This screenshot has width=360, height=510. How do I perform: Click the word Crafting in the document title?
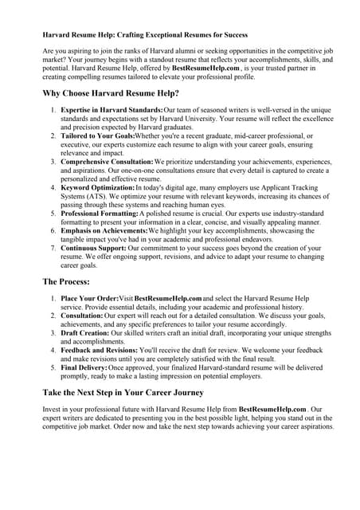click(x=134, y=35)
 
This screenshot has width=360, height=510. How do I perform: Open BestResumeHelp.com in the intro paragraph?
click(x=207, y=69)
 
